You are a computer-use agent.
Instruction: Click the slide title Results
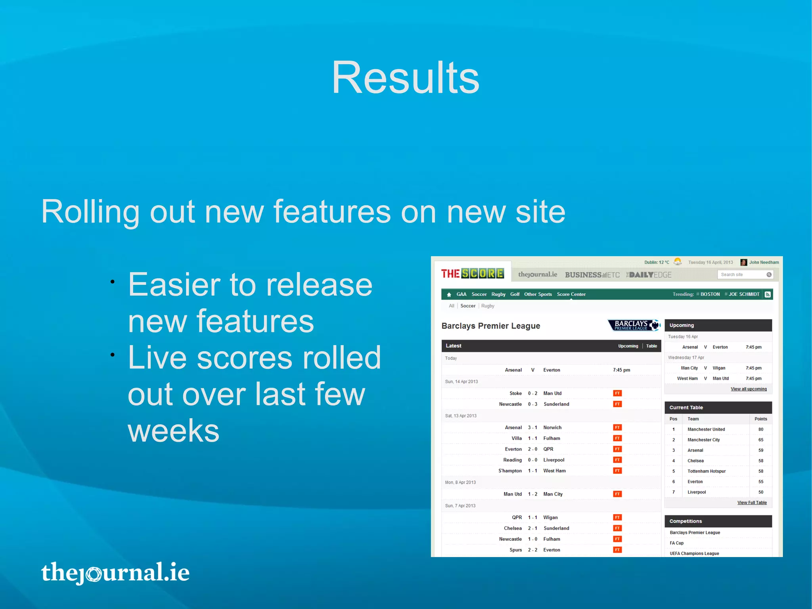(x=405, y=78)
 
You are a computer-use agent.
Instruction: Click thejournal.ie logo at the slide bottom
(x=115, y=572)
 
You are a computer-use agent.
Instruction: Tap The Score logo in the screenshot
(x=472, y=274)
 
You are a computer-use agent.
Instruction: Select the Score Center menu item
(x=571, y=294)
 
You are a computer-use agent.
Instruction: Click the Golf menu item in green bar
(x=515, y=294)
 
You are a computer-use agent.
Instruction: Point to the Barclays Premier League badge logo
(x=634, y=325)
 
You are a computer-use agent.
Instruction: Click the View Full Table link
(x=752, y=503)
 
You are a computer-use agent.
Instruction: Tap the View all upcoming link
(x=749, y=389)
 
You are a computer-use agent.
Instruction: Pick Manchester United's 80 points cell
(x=760, y=429)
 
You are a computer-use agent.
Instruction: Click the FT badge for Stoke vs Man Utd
(x=617, y=393)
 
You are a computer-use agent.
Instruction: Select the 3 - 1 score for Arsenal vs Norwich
(x=532, y=428)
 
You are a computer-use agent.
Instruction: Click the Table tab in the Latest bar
(x=651, y=346)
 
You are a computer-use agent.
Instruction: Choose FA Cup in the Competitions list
(x=676, y=543)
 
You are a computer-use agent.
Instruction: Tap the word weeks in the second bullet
(x=173, y=431)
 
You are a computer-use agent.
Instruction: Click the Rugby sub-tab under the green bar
(x=488, y=306)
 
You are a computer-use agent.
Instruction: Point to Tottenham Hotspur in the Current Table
(x=707, y=471)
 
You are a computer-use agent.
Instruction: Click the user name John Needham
(x=764, y=262)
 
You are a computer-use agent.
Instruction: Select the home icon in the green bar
(x=449, y=295)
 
